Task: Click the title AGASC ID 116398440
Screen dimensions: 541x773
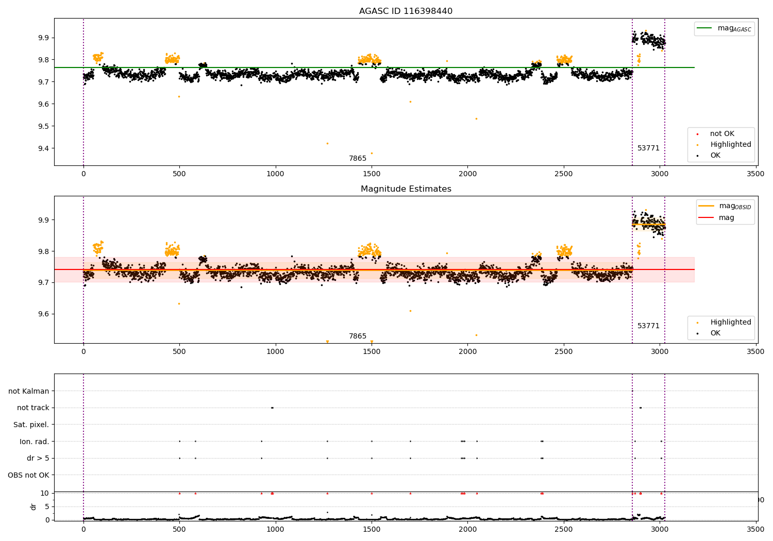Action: click(x=406, y=11)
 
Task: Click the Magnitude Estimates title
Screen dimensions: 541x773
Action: click(x=406, y=189)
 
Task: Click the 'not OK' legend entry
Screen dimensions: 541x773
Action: click(x=722, y=134)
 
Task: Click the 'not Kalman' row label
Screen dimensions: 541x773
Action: click(x=29, y=391)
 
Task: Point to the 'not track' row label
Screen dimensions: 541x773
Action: click(x=33, y=408)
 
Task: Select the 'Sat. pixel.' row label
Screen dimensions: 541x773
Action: click(x=31, y=425)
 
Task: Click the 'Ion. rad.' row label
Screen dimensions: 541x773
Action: click(x=35, y=442)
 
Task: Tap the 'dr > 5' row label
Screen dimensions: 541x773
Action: click(x=38, y=458)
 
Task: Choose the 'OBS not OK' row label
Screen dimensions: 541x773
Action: click(x=28, y=475)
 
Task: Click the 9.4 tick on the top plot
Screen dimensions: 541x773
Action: click(x=42, y=148)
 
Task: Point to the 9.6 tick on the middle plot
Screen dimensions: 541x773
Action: click(x=42, y=314)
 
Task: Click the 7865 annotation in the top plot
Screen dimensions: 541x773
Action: click(x=358, y=158)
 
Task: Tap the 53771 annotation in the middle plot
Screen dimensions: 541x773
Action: click(x=648, y=326)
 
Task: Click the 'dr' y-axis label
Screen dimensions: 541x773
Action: click(x=33, y=506)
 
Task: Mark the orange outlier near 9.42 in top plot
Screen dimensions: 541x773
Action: click(x=327, y=143)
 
